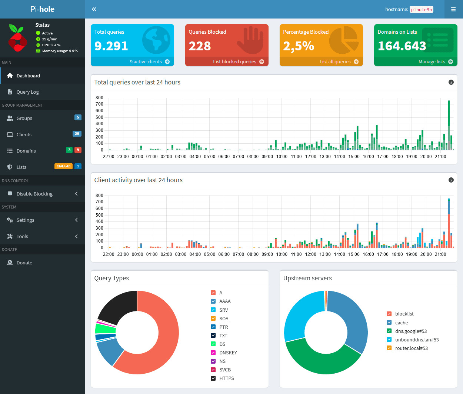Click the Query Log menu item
coord(27,92)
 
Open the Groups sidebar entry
coord(24,118)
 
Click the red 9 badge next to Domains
coord(77,150)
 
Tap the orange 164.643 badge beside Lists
coord(63,166)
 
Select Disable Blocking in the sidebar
coord(34,194)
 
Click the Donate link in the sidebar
coord(24,263)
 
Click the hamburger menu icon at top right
coord(453,9)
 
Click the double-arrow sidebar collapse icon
coord(94,9)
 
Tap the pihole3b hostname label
coord(421,10)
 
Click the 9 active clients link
coord(146,62)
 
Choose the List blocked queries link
coord(234,62)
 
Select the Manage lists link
coord(432,62)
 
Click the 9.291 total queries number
coord(111,46)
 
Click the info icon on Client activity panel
coord(451,180)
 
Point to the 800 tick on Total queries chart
coord(99,98)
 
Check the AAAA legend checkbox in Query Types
coord(213,301)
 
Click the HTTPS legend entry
coord(226,378)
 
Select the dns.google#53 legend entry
coord(411,331)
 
